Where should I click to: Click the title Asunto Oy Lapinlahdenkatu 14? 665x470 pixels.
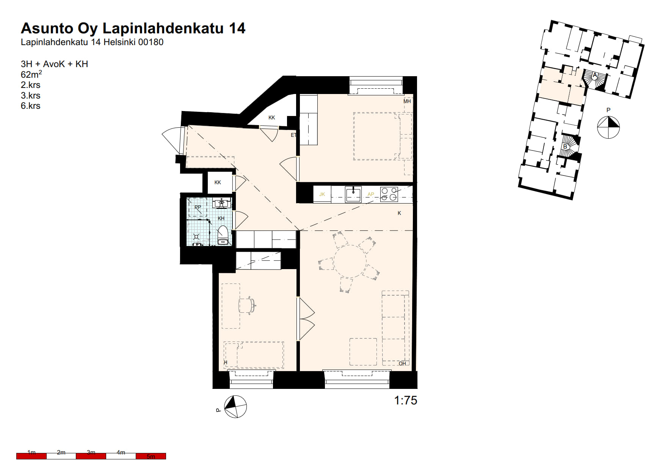coord(133,28)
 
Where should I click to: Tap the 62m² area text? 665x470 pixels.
coord(31,74)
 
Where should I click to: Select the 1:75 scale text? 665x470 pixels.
coord(406,400)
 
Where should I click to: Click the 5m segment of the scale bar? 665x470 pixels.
coord(151,456)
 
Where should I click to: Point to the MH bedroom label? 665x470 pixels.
coord(407,101)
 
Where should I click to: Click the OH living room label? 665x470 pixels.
coord(402,363)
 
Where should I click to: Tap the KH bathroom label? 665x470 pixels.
coord(221,218)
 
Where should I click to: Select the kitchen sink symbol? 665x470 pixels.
coord(353,194)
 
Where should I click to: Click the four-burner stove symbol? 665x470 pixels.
coord(389,194)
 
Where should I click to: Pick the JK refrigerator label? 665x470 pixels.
coord(322,194)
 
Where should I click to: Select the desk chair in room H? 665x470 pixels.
coord(247,305)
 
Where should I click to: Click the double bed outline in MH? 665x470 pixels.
coord(383,136)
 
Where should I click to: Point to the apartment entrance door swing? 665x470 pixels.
coord(173,139)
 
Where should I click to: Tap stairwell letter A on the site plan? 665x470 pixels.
coord(595,75)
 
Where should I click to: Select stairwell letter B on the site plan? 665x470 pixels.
coord(565,146)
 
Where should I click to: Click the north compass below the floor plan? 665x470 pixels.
coord(235,407)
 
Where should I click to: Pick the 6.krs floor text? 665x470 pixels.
coord(31,106)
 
